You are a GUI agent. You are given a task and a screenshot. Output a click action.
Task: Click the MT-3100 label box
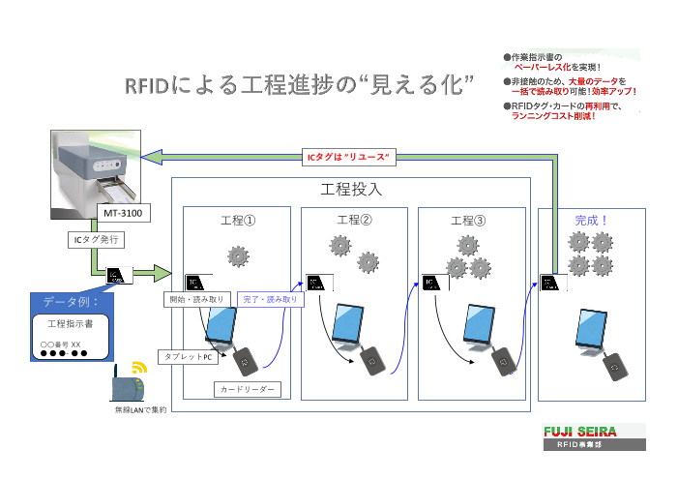(x=124, y=213)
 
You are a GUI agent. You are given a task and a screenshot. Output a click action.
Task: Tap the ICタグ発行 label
(x=92, y=239)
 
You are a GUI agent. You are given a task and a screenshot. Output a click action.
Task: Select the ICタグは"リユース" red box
(x=347, y=157)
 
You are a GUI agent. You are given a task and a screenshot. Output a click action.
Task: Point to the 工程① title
(x=237, y=220)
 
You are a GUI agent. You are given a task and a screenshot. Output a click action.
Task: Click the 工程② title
(x=354, y=220)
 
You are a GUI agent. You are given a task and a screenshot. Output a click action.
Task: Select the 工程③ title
(x=469, y=221)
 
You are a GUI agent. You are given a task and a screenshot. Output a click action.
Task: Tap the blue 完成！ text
(x=591, y=220)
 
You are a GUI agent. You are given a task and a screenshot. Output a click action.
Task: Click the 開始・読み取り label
(x=196, y=299)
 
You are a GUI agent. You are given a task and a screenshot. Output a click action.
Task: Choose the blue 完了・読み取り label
(x=270, y=299)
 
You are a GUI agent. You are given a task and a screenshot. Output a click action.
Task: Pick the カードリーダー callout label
(x=247, y=389)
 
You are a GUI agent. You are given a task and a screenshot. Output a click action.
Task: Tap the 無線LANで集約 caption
(x=140, y=410)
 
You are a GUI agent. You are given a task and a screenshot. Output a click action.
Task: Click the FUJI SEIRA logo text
(x=591, y=431)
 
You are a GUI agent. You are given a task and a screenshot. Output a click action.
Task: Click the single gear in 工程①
(x=237, y=256)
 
